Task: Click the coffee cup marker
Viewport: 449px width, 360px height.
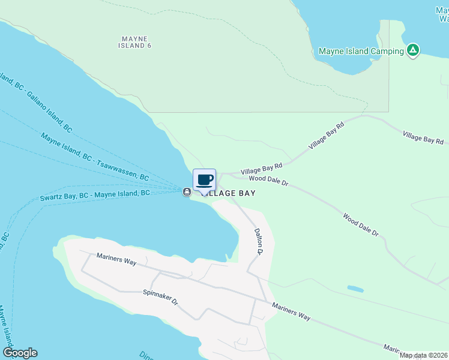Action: [204, 179]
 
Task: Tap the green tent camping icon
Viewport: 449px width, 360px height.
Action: [412, 50]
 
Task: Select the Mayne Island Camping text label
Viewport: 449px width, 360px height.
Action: [361, 51]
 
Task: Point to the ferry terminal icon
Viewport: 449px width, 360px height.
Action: [187, 191]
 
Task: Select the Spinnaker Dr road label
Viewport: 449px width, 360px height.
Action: [161, 298]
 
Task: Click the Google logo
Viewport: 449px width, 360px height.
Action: [20, 353]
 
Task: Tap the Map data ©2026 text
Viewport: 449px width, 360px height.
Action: [424, 355]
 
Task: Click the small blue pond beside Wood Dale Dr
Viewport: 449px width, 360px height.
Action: [355, 289]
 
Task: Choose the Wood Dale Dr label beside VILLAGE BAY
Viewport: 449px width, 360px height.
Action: [269, 179]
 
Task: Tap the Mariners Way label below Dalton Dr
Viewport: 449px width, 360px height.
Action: [291, 311]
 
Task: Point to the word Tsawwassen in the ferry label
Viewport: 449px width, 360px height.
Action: [122, 169]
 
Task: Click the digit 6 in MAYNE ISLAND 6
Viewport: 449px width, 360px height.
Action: [148, 46]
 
